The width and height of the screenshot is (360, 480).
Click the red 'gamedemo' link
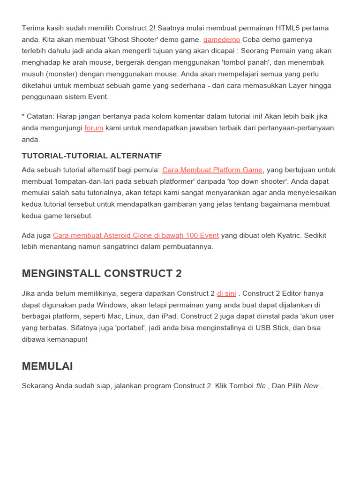tap(221, 39)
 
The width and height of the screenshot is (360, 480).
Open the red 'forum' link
tap(94, 128)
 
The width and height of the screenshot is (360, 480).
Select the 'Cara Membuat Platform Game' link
tap(212, 170)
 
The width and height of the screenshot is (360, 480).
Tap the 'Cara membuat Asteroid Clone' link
tap(136, 235)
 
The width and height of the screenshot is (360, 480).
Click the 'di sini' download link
tap(226, 293)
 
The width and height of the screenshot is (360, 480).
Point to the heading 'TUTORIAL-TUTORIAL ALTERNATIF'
tap(91, 156)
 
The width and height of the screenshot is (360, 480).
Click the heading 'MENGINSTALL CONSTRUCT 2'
tap(102, 273)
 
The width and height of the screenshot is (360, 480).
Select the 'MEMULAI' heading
tap(47, 366)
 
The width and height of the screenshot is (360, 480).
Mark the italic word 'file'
tap(261, 386)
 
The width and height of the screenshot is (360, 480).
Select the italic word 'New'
tap(311, 386)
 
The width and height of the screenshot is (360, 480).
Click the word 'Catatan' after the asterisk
tap(40, 117)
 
